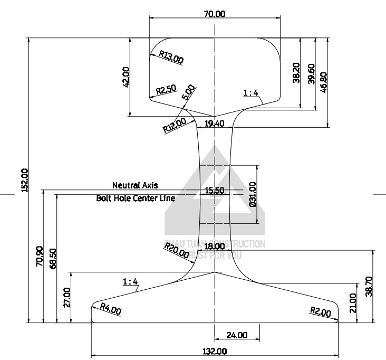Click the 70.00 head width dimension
pyautogui.click(x=215, y=14)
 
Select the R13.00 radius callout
pyautogui.click(x=171, y=57)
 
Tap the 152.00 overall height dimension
pyautogui.click(x=24, y=181)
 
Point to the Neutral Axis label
pyautogui.click(x=134, y=185)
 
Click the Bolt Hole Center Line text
pyautogui.click(x=136, y=199)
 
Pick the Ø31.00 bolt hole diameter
pyautogui.click(x=253, y=193)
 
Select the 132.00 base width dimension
pyautogui.click(x=215, y=351)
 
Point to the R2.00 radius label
pyautogui.click(x=320, y=312)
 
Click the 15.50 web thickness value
pyautogui.click(x=214, y=191)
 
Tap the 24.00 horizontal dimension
pyautogui.click(x=236, y=335)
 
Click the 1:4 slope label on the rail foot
pyautogui.click(x=130, y=281)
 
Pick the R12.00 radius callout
pyautogui.click(x=175, y=125)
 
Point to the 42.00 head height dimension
pyautogui.click(x=126, y=77)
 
